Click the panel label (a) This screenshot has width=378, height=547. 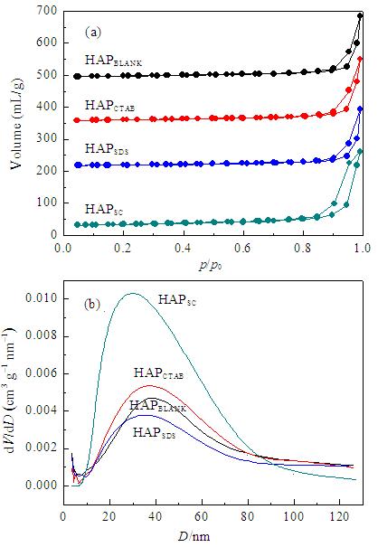pyautogui.click(x=93, y=33)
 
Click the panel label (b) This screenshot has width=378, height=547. pyautogui.click(x=92, y=305)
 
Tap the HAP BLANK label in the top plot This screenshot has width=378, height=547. pyautogui.click(x=113, y=60)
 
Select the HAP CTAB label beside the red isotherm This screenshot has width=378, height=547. pyautogui.click(x=109, y=106)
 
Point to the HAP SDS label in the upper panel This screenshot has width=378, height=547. pyautogui.click(x=107, y=148)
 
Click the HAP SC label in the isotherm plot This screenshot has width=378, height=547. pyautogui.click(x=104, y=210)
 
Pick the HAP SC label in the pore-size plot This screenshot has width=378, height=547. pyautogui.click(x=177, y=299)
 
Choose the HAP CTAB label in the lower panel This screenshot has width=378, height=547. pyautogui.click(x=159, y=373)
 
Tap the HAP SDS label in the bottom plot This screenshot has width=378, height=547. pyautogui.click(x=155, y=432)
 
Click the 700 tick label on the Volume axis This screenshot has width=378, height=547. pyautogui.click(x=47, y=11)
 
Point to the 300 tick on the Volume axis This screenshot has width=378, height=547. pyautogui.click(x=47, y=139)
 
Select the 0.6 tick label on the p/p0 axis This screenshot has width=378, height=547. pyautogui.click(x=242, y=248)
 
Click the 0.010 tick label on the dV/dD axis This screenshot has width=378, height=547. pyautogui.click(x=42, y=298)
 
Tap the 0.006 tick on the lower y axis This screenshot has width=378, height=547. pyautogui.click(x=42, y=373)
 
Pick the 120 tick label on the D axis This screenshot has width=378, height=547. pyautogui.click(x=340, y=516)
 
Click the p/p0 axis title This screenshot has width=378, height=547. pyautogui.click(x=211, y=266)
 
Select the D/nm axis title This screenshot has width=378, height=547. pyautogui.click(x=194, y=536)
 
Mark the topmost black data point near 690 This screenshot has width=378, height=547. pyautogui.click(x=360, y=15)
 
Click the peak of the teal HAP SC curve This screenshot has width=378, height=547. pyautogui.click(x=133, y=293)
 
